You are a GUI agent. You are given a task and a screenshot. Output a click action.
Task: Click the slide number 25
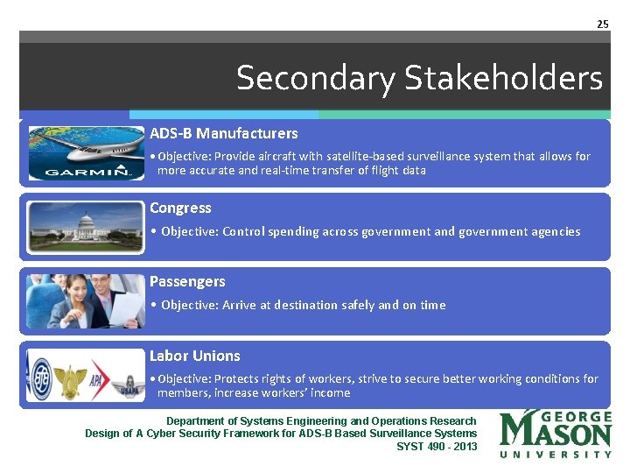click(x=602, y=24)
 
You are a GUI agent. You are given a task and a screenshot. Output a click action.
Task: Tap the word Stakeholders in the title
click(x=503, y=79)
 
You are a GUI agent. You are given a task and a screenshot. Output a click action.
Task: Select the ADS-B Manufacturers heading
click(x=223, y=134)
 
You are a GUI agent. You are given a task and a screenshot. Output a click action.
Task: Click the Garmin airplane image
click(x=85, y=153)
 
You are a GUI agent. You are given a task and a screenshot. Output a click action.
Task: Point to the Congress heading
click(x=180, y=208)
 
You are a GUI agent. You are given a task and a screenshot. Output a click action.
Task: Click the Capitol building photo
click(x=85, y=228)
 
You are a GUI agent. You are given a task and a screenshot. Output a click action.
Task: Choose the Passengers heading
click(x=187, y=282)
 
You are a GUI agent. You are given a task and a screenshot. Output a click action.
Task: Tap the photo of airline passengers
click(x=85, y=301)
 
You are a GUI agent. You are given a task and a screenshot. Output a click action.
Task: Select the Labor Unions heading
click(x=194, y=356)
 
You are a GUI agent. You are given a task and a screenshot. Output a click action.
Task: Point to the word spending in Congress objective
click(x=282, y=232)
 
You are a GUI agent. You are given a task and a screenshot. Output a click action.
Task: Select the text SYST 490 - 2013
click(x=437, y=447)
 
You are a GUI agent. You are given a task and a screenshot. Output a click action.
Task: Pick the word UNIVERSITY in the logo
click(x=556, y=455)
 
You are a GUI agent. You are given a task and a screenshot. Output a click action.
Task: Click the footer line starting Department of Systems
click(x=321, y=421)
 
